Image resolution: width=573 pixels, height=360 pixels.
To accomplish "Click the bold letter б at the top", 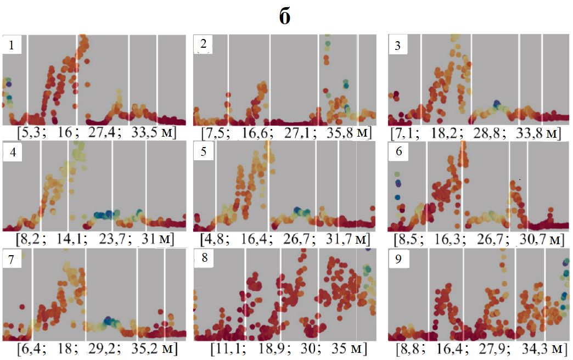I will (285, 17).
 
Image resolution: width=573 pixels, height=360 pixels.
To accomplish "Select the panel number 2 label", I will (204, 44).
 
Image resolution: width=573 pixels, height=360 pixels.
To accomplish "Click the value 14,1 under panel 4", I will (67, 239).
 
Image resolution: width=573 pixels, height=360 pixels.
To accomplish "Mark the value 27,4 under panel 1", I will (108, 133).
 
